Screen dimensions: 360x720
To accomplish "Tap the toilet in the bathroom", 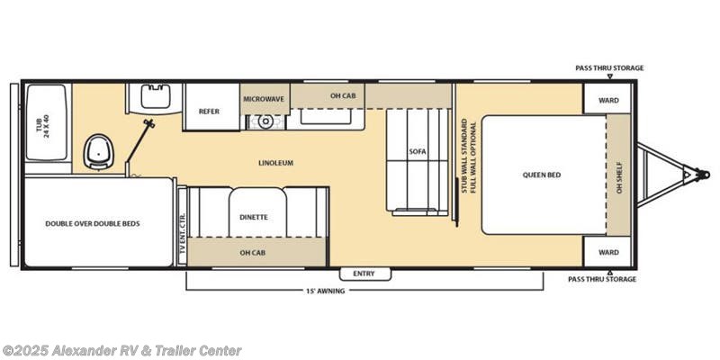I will (x=97, y=153).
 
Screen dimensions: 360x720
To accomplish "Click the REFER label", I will (x=210, y=111).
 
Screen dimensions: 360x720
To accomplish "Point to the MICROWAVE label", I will (x=265, y=98).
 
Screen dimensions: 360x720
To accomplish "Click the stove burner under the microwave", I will (x=265, y=121).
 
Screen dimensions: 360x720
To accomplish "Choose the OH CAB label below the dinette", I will (x=253, y=252).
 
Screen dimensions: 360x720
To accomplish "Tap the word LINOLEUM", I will (x=274, y=163).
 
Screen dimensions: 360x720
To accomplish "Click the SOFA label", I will (x=417, y=151).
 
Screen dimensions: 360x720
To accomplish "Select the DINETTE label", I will (x=254, y=217).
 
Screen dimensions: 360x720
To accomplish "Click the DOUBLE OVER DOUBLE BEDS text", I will (x=93, y=223).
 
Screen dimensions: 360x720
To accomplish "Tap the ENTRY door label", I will (x=364, y=273).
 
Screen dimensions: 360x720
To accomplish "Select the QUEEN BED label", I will (x=542, y=175).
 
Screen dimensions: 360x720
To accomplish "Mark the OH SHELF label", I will (x=618, y=175).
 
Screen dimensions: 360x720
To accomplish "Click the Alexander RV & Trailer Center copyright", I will (x=121, y=350).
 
